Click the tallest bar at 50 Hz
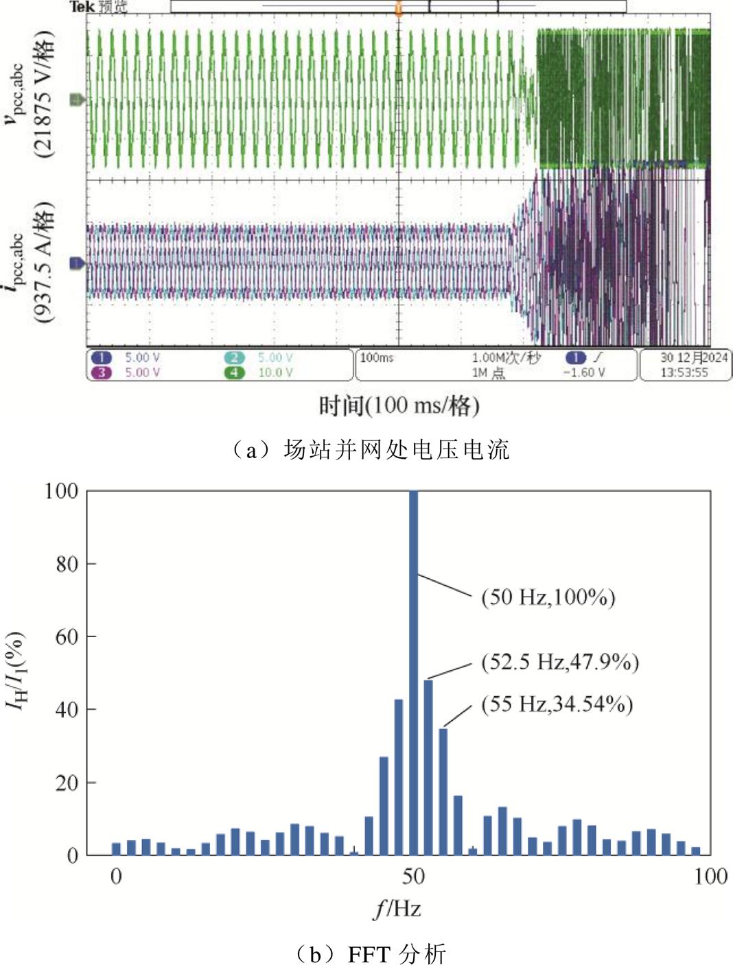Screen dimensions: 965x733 (413, 672)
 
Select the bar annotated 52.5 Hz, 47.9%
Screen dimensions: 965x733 (428, 767)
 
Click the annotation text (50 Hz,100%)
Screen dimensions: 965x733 (548, 597)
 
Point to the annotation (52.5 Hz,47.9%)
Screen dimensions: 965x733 (559, 662)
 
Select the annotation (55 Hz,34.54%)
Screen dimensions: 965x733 (557, 704)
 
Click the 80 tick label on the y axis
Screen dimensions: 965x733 (67, 564)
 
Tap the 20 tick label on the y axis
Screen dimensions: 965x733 (67, 783)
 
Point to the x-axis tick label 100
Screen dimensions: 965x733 (710, 876)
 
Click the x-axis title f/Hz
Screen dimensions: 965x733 (397, 909)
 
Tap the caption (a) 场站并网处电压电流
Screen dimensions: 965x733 (367, 450)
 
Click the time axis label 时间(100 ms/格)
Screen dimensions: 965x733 (399, 405)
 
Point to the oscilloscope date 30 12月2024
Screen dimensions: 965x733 (694, 357)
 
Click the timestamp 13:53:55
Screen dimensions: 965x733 (684, 372)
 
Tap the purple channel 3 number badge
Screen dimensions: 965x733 (101, 372)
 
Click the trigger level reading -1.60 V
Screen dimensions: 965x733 (583, 372)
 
